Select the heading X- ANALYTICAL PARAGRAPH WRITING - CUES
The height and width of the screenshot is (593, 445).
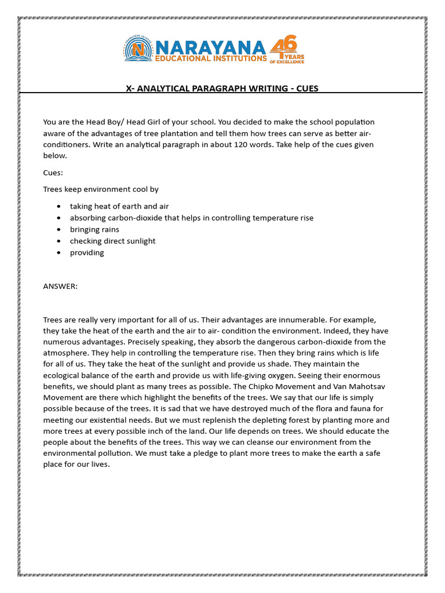[222, 89]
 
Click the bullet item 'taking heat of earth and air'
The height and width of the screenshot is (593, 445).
[119, 206]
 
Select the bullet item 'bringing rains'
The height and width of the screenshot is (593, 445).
[94, 229]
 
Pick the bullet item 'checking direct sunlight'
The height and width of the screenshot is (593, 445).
[113, 241]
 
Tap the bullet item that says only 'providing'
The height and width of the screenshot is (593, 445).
[87, 252]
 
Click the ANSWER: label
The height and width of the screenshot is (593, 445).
[60, 286]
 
